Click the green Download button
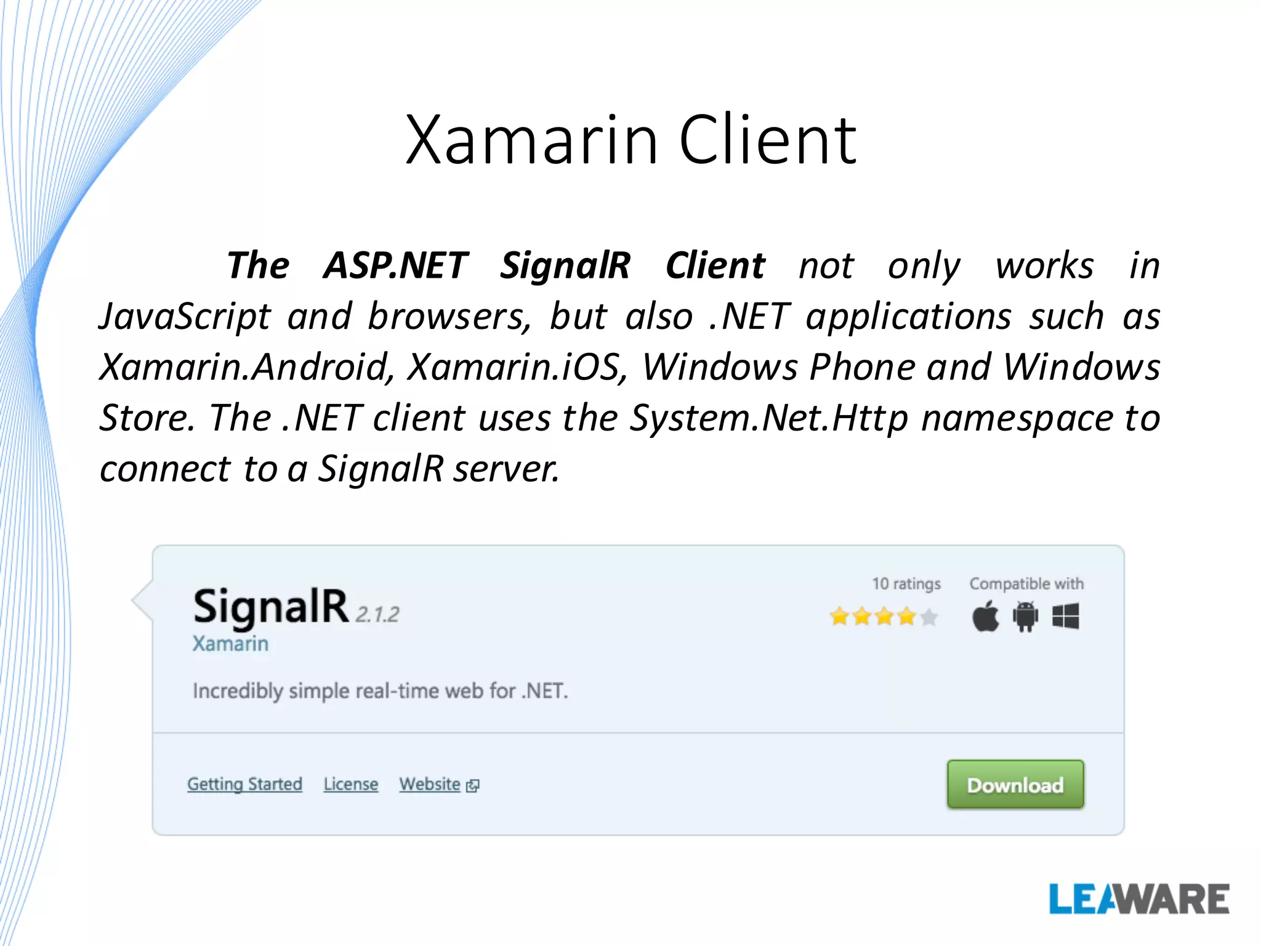[1015, 784]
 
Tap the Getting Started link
[244, 784]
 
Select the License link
[350, 784]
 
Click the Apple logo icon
[986, 616]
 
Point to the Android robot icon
[1025, 617]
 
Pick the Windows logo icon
[1065, 616]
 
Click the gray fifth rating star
[929, 617]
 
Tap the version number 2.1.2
[377, 614]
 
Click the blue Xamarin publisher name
[230, 644]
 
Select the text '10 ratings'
[906, 583]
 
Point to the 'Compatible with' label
[1026, 583]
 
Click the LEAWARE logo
[1139, 899]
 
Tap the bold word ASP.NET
[396, 265]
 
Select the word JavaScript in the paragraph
[185, 317]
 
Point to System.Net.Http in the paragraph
[768, 418]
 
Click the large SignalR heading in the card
[271, 607]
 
